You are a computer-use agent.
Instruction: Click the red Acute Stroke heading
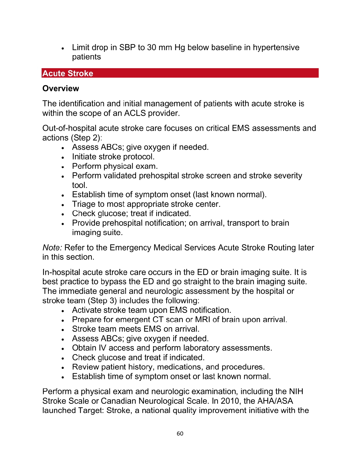(x=68, y=73)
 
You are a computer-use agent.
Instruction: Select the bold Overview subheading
(x=61, y=89)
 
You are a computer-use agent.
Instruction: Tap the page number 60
(x=180, y=434)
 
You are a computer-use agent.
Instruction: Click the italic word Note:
(x=52, y=248)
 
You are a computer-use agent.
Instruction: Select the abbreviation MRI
(x=203, y=320)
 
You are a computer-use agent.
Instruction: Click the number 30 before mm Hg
(x=151, y=48)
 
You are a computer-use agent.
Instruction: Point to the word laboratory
(x=202, y=348)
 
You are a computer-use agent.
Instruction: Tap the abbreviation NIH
(x=296, y=392)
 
